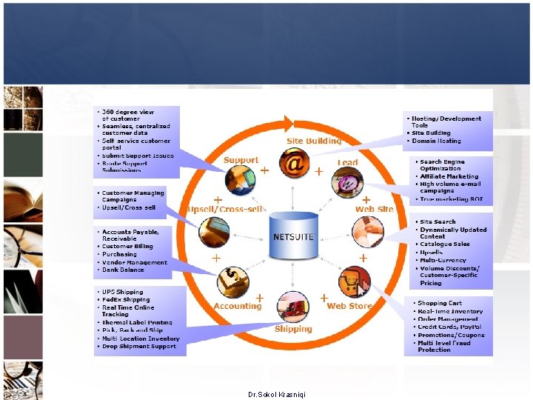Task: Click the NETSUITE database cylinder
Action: click(294, 236)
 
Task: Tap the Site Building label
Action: click(314, 141)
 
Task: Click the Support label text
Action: click(241, 160)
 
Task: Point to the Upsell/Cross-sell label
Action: click(224, 209)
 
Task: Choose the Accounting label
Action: click(237, 306)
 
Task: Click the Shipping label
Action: click(293, 329)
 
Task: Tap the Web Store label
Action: click(349, 306)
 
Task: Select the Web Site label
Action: click(375, 210)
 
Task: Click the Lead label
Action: click(347, 163)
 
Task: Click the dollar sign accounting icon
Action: click(232, 281)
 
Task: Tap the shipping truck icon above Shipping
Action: click(293, 306)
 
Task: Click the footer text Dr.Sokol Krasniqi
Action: click(277, 394)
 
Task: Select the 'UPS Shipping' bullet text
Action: click(123, 292)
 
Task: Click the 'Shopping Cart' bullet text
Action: click(440, 303)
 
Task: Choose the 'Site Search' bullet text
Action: click(438, 221)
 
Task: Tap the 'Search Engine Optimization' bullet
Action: click(442, 164)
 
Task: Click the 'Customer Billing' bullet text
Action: click(127, 246)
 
